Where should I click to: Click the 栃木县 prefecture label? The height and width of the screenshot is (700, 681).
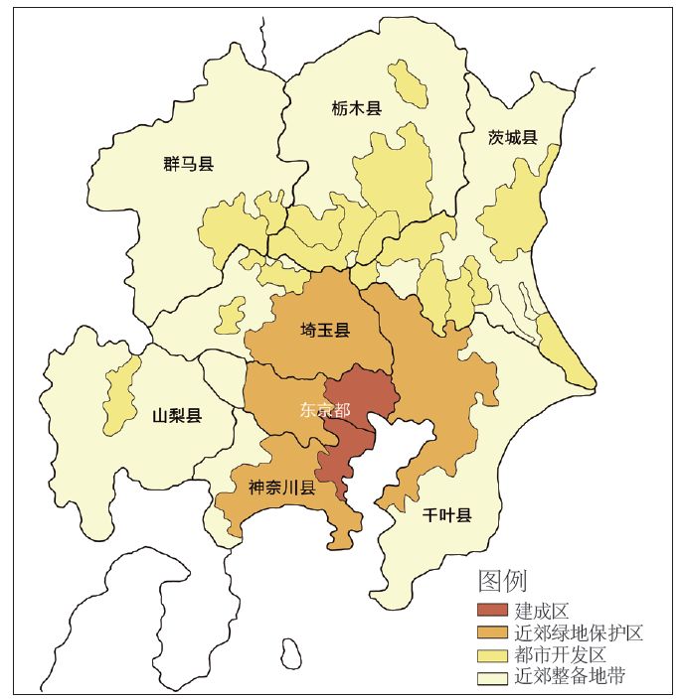pyautogui.click(x=356, y=108)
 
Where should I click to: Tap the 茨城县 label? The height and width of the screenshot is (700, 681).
pyautogui.click(x=513, y=138)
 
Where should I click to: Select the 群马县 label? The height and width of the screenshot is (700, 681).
pyautogui.click(x=189, y=164)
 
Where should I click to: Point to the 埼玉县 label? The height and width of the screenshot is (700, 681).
pyautogui.click(x=325, y=331)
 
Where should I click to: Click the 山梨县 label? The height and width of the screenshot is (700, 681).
pyautogui.click(x=177, y=415)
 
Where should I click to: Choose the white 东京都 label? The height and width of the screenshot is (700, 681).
pyautogui.click(x=325, y=409)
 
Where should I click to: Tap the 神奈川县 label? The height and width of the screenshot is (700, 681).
pyautogui.click(x=281, y=488)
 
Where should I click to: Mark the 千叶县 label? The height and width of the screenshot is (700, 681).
pyautogui.click(x=446, y=514)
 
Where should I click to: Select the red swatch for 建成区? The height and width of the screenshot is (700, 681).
pyautogui.click(x=492, y=611)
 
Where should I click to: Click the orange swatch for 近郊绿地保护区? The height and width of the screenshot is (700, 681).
pyautogui.click(x=492, y=632)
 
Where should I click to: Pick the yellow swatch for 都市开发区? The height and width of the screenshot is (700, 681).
pyautogui.click(x=492, y=655)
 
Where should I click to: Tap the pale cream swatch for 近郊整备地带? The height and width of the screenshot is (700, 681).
pyautogui.click(x=492, y=678)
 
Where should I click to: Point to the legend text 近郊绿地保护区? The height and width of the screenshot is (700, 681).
pyautogui.click(x=580, y=632)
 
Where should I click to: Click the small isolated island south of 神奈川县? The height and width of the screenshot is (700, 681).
pyautogui.click(x=291, y=653)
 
